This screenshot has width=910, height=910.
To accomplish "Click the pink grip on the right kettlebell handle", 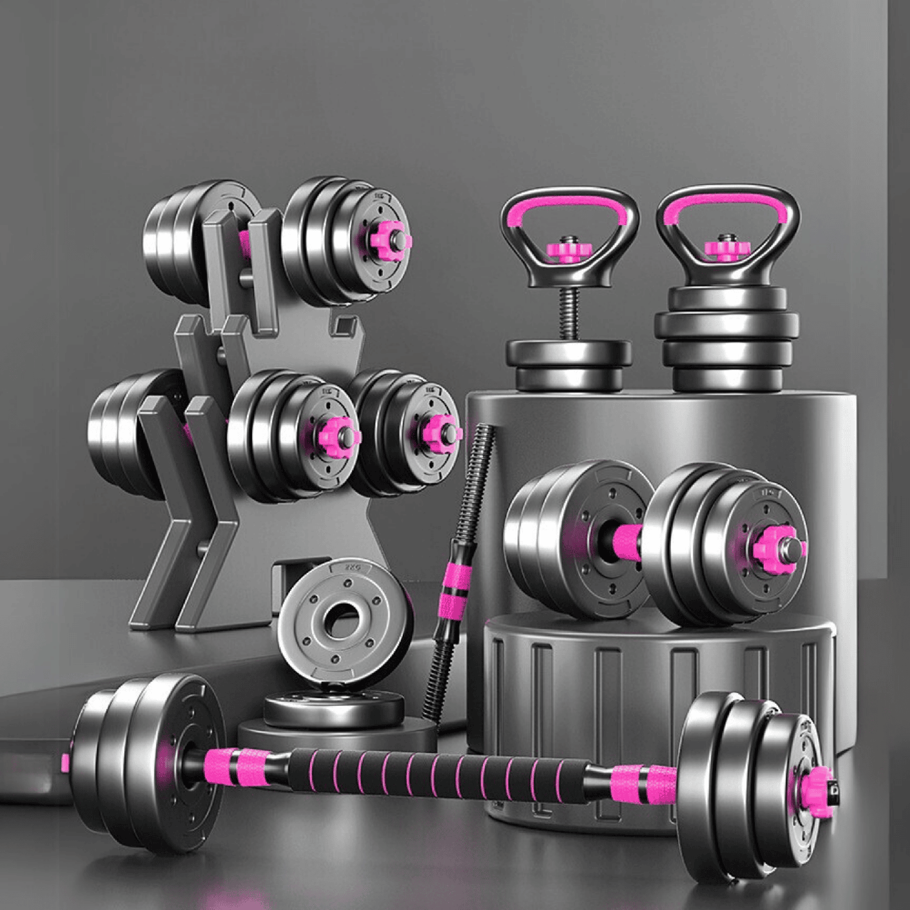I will point(727,202).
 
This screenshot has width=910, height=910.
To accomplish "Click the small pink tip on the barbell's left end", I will point(65,762).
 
